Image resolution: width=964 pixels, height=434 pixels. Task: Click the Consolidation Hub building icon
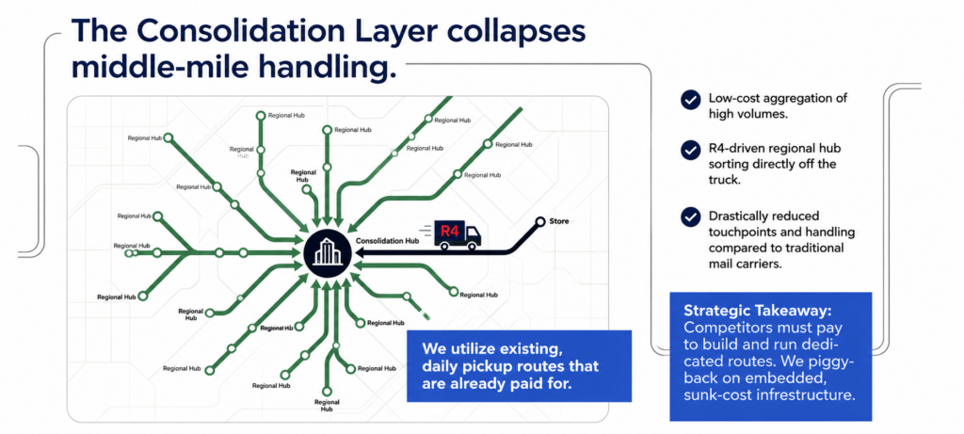[330, 252]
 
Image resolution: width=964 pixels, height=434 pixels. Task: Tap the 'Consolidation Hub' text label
[387, 242]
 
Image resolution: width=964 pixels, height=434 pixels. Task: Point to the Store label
[560, 221]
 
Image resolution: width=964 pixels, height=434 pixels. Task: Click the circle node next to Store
[539, 221]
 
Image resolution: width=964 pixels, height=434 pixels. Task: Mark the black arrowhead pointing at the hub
[361, 252]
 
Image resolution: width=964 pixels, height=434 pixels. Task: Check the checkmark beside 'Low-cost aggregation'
[690, 100]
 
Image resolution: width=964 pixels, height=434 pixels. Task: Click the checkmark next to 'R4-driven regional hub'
[690, 150]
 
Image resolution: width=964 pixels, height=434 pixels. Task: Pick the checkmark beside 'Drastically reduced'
[690, 217]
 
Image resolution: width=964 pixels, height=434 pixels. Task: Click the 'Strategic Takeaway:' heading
[758, 310]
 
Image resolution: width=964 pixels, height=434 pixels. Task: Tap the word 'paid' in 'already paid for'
[535, 383]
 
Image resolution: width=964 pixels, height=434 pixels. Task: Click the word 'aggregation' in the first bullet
[793, 98]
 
